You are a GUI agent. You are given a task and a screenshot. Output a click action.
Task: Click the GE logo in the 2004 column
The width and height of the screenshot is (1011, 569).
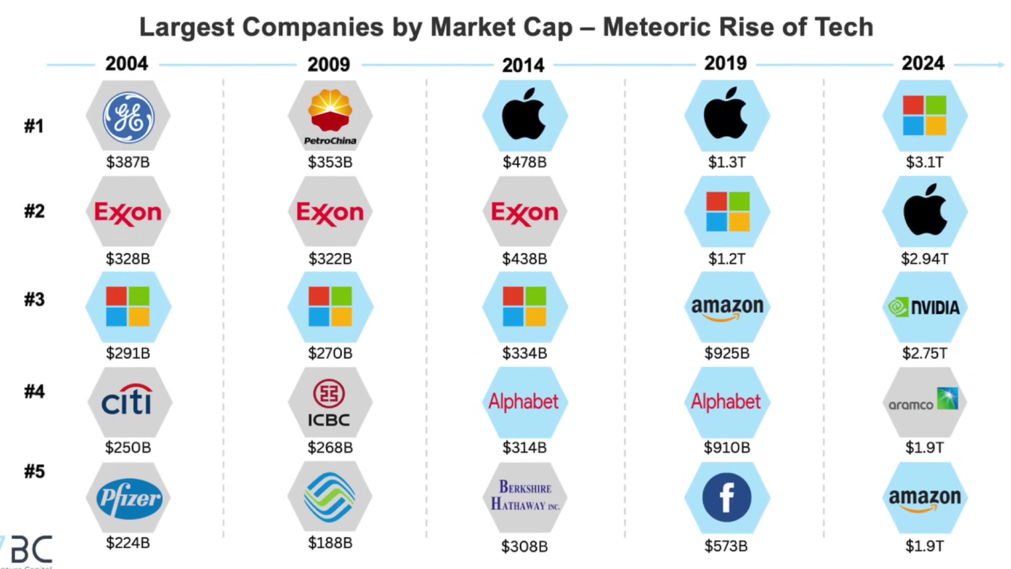click(x=128, y=117)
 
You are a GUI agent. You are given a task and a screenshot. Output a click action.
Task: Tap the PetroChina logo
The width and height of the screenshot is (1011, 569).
click(x=330, y=116)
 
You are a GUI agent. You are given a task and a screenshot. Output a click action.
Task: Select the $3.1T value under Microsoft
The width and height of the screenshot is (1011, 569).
click(x=925, y=162)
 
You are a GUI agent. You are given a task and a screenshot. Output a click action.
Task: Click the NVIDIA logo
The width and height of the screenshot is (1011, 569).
click(x=925, y=307)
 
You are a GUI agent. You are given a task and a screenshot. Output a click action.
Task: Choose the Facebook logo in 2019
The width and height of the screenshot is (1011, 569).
click(x=727, y=497)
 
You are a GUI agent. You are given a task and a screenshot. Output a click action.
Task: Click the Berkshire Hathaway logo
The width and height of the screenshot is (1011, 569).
click(x=525, y=496)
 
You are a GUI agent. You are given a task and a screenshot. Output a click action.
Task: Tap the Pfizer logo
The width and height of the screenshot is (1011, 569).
click(x=128, y=498)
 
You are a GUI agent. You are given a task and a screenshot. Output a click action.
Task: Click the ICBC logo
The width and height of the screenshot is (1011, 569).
click(x=330, y=403)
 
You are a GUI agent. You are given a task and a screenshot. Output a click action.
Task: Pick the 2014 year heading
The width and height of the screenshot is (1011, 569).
click(x=523, y=65)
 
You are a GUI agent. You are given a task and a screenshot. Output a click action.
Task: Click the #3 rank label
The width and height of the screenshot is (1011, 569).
click(x=34, y=300)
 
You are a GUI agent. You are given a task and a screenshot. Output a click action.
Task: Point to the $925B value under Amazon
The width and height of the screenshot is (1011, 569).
click(x=727, y=353)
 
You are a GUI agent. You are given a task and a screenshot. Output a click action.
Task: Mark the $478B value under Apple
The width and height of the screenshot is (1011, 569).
click(x=524, y=162)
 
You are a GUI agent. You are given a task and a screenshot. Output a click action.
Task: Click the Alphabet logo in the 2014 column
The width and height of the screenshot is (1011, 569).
click(x=523, y=402)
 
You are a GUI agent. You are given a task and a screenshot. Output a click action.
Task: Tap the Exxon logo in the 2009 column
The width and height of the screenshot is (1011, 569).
click(x=330, y=212)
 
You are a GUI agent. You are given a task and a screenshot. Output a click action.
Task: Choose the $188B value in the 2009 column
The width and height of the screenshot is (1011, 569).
click(x=330, y=543)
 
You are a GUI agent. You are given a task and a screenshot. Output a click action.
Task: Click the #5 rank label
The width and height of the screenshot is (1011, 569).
click(x=34, y=472)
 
